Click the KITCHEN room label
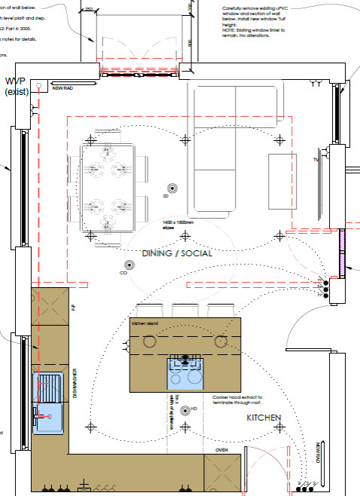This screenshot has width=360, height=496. (x=264, y=417)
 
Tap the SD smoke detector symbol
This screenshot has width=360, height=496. (x=172, y=188)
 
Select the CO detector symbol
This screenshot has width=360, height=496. (x=129, y=265)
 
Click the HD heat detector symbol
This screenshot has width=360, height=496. (x=185, y=410)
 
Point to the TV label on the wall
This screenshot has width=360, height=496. (x=316, y=160)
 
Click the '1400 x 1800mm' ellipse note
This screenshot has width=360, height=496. (x=178, y=223)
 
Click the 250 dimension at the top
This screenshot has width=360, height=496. (x=89, y=9)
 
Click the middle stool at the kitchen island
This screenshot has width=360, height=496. (x=185, y=310)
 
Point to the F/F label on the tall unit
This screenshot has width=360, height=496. (x=74, y=308)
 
